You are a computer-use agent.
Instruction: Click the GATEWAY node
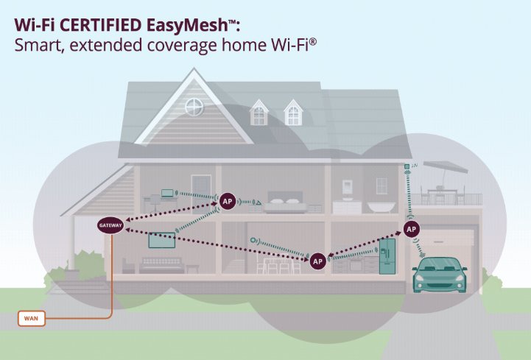(110, 225)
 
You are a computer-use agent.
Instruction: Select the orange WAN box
(32, 318)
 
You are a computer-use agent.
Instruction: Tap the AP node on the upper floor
(228, 202)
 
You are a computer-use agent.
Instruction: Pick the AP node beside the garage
(412, 229)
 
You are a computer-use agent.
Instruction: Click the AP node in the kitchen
(317, 261)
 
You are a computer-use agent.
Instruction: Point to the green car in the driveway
(440, 275)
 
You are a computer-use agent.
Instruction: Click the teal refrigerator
(387, 256)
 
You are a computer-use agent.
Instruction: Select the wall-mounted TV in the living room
(162, 240)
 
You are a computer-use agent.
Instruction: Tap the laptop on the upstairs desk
(167, 193)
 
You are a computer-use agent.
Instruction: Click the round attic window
(194, 107)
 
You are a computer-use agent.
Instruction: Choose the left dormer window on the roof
(259, 113)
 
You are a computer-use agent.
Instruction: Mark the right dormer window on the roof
(293, 113)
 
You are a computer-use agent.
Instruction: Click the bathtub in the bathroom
(381, 207)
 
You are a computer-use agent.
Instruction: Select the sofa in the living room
(161, 265)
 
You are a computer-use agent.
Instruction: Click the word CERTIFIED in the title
(102, 25)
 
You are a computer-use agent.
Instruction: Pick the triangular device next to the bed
(258, 202)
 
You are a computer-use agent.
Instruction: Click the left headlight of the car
(420, 278)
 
